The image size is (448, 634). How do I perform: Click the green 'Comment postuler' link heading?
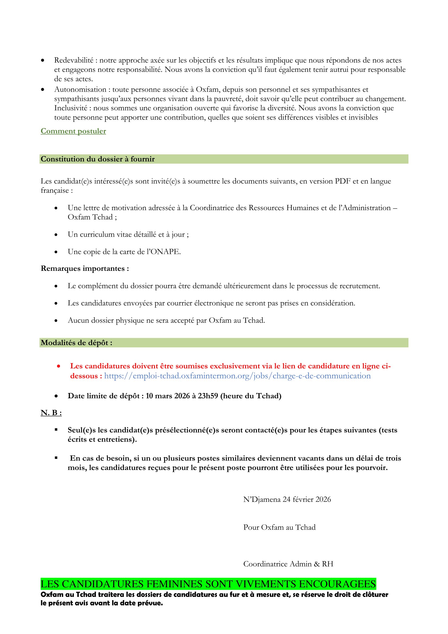coord(73,131)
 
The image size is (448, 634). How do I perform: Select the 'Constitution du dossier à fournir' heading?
coord(98,159)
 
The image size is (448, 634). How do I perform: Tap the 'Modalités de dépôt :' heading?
coord(76,343)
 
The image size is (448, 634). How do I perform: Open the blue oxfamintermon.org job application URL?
coord(237,376)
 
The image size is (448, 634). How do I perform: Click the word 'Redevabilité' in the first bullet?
coord(74,60)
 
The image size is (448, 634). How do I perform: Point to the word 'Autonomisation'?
coord(80,89)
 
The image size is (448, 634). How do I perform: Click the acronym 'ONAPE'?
coord(165,252)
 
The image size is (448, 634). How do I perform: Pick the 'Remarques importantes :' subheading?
coord(85,268)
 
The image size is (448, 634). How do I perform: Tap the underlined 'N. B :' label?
coord(51,413)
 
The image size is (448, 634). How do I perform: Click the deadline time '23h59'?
coord(208,396)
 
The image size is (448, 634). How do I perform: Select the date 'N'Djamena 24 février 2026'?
coord(287,499)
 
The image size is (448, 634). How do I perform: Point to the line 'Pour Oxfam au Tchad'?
coord(279,527)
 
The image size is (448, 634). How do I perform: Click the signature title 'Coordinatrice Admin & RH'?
coord(288,564)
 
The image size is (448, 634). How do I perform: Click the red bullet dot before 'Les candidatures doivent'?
coord(59,366)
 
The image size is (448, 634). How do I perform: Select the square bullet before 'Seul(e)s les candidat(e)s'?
coord(56,430)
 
